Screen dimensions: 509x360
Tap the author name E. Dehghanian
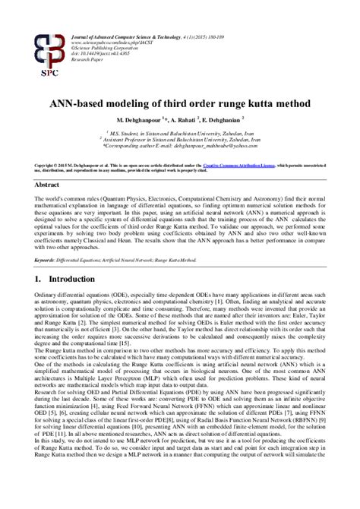coord(227,120)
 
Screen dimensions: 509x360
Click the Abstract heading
coord(49,185)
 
